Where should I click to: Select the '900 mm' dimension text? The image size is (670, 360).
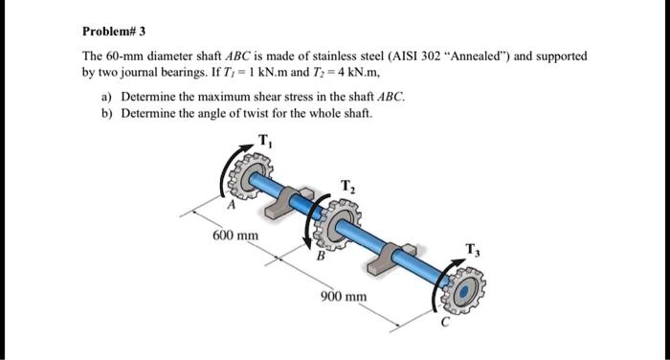pyautogui.click(x=344, y=297)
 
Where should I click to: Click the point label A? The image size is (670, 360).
pyautogui.click(x=230, y=205)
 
